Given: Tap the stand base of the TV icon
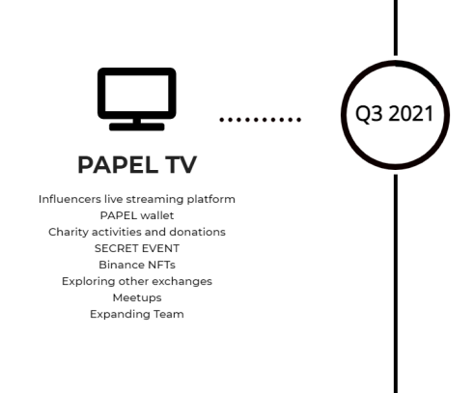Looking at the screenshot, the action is coord(137,126).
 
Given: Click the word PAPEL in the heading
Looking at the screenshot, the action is coord(118,165).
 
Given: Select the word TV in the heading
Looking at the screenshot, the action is coord(181,165).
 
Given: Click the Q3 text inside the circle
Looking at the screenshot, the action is coord(369,114).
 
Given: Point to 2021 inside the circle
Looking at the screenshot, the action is coord(411,114).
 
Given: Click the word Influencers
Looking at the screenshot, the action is coord(70,199).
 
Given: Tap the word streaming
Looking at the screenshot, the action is coord(154,200).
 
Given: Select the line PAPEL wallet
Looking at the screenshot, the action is coord(137,215).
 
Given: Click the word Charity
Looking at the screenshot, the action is coord(69,232).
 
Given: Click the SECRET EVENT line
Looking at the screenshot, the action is coord(137,248).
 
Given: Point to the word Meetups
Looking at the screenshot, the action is coord(137,298).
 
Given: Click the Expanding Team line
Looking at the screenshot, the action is coord(137,314).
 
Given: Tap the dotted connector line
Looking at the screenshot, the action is coord(261,120).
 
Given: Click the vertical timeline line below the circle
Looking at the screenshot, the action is coord(396,284).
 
